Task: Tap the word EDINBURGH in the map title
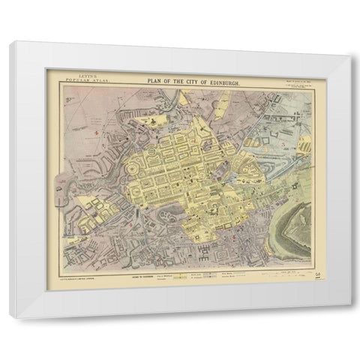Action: click(219, 79)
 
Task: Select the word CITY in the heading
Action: click(184, 79)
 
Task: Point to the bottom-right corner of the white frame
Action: click(337, 317)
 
